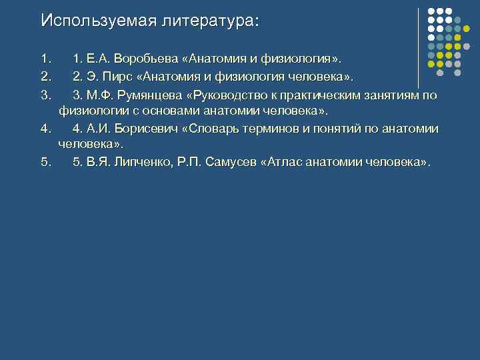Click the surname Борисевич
pos(147,129)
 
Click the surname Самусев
pos(233,162)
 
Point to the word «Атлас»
pos(287,162)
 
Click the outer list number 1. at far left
pos(45,62)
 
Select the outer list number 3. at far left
pos(45,95)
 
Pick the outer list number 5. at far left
pos(45,162)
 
